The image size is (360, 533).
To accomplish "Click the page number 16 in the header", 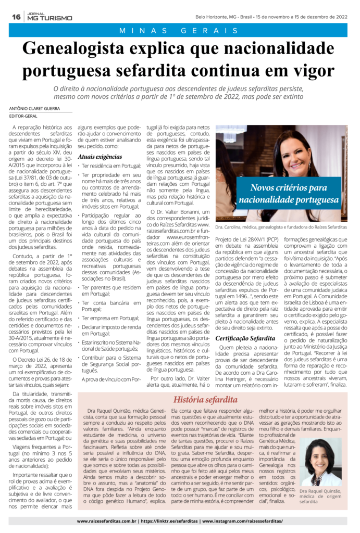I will (x=16, y=17).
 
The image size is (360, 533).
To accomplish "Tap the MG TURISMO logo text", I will (x=50, y=18).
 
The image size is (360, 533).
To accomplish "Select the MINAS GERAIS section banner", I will (x=179, y=31).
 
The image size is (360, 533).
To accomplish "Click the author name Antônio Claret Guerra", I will (x=36, y=108).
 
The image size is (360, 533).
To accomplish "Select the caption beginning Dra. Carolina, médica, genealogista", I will (x=281, y=227).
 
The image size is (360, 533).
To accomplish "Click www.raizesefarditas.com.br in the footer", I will (x=107, y=521).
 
